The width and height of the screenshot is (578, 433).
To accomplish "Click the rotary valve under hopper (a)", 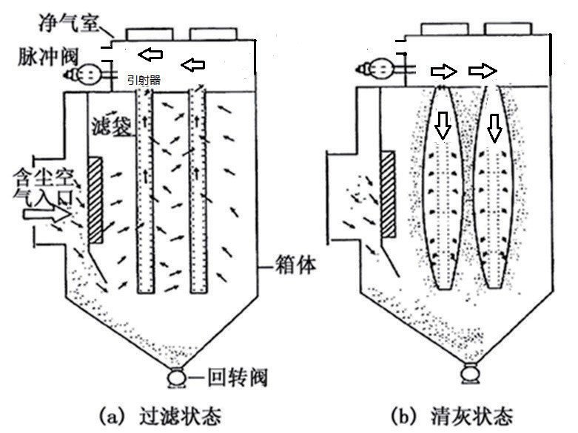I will click(x=178, y=378).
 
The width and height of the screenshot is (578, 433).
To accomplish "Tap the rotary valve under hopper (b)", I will click(x=469, y=374).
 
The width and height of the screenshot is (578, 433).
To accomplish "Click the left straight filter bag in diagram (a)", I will click(x=145, y=192).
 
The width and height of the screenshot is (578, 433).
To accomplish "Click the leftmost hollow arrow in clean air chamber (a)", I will click(x=153, y=54).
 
